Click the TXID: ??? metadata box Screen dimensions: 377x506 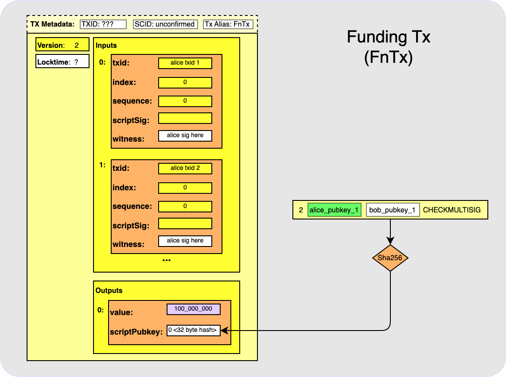[x=103, y=24]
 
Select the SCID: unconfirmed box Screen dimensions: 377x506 [x=165, y=24]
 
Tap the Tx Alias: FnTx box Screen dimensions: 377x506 [x=228, y=24]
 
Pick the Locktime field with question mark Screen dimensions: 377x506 [x=62, y=62]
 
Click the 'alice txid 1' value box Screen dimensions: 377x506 [x=185, y=63]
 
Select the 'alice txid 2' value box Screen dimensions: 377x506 [x=185, y=168]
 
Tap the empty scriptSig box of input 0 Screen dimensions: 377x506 [x=185, y=118]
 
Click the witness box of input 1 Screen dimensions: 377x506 [x=185, y=241]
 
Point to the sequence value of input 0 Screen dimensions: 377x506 [x=185, y=101]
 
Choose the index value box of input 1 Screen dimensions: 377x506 [x=185, y=188]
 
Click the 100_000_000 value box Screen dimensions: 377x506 [x=193, y=309]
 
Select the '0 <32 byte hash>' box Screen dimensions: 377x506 [x=193, y=330]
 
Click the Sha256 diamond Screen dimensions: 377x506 [x=390, y=258]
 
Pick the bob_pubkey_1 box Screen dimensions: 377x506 [x=393, y=210]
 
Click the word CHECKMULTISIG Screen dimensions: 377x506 [x=452, y=210]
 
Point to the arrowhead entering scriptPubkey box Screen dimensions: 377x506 [x=223, y=330]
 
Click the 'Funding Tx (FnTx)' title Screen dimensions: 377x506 [x=389, y=47]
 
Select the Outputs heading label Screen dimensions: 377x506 [x=109, y=291]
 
